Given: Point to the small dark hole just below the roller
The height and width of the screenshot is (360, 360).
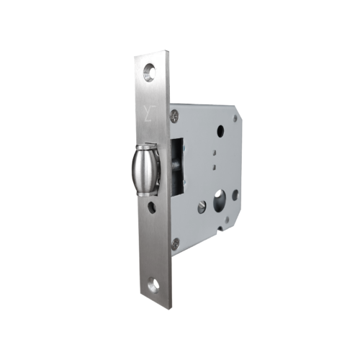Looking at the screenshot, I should (152, 209).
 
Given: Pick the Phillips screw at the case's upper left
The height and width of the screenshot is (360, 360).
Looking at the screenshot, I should (174, 114).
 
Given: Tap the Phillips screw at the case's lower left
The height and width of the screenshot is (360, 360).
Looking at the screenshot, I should (175, 243).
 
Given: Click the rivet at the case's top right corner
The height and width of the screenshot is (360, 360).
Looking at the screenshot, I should (234, 119).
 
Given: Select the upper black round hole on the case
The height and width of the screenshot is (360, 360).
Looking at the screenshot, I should (220, 132).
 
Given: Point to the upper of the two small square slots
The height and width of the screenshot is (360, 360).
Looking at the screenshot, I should (215, 153).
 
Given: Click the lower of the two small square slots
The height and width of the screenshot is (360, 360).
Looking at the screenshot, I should (215, 167).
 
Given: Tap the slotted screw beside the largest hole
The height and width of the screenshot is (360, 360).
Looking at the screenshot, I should (202, 206).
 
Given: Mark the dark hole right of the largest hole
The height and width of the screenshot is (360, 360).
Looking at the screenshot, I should (235, 194).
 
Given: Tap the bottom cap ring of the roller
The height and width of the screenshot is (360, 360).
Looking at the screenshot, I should (147, 192).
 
